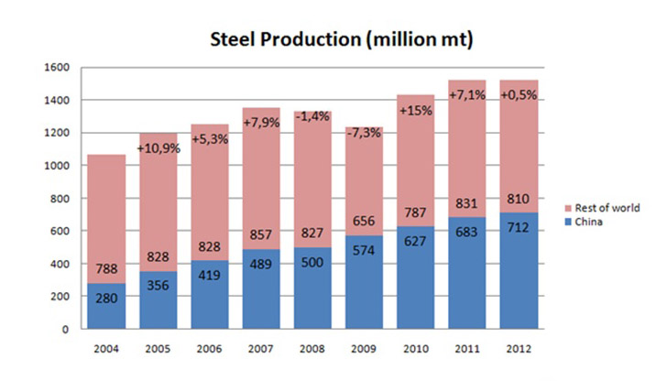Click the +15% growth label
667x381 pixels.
click(416, 111)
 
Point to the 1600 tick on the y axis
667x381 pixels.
click(58, 67)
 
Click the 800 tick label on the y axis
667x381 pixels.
click(60, 198)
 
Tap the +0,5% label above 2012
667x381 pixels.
click(519, 95)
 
